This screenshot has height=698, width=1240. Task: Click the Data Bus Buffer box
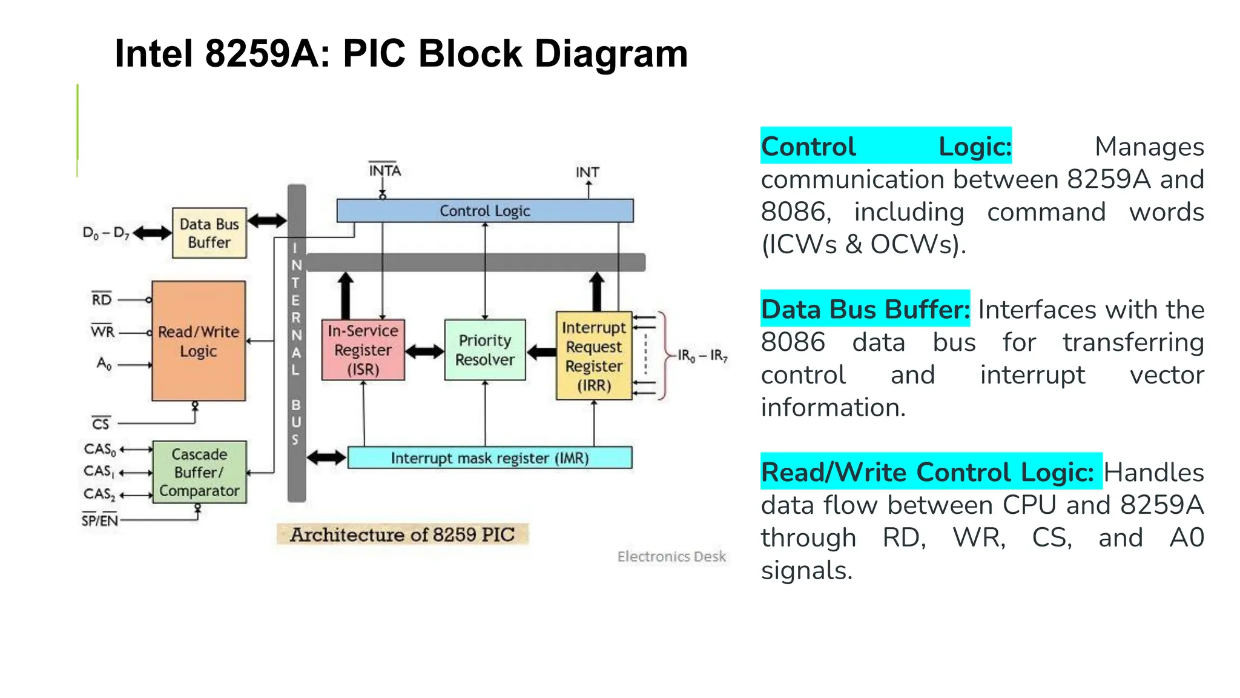[209, 233]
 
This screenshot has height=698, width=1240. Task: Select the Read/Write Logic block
[199, 341]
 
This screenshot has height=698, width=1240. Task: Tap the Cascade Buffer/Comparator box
[199, 472]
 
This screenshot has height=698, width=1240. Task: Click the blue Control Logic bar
[484, 211]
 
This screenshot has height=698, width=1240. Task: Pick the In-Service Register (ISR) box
[363, 350]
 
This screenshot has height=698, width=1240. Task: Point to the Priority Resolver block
[484, 350]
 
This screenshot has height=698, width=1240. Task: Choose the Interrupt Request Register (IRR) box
[593, 356]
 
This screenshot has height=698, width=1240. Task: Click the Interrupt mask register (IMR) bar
[489, 458]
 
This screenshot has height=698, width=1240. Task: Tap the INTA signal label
[384, 171]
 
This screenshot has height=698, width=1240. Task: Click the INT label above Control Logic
[587, 173]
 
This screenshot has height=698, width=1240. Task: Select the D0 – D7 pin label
[105, 233]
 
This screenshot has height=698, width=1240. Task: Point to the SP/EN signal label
[100, 520]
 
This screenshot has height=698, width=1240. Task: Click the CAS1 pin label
[99, 471]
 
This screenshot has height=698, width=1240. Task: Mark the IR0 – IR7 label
[702, 356]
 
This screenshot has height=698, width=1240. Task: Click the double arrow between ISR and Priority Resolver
[424, 351]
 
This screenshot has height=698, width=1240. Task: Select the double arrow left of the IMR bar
[326, 457]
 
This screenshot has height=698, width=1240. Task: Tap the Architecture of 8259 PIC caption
[402, 534]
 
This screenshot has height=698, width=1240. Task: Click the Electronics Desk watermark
[671, 556]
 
